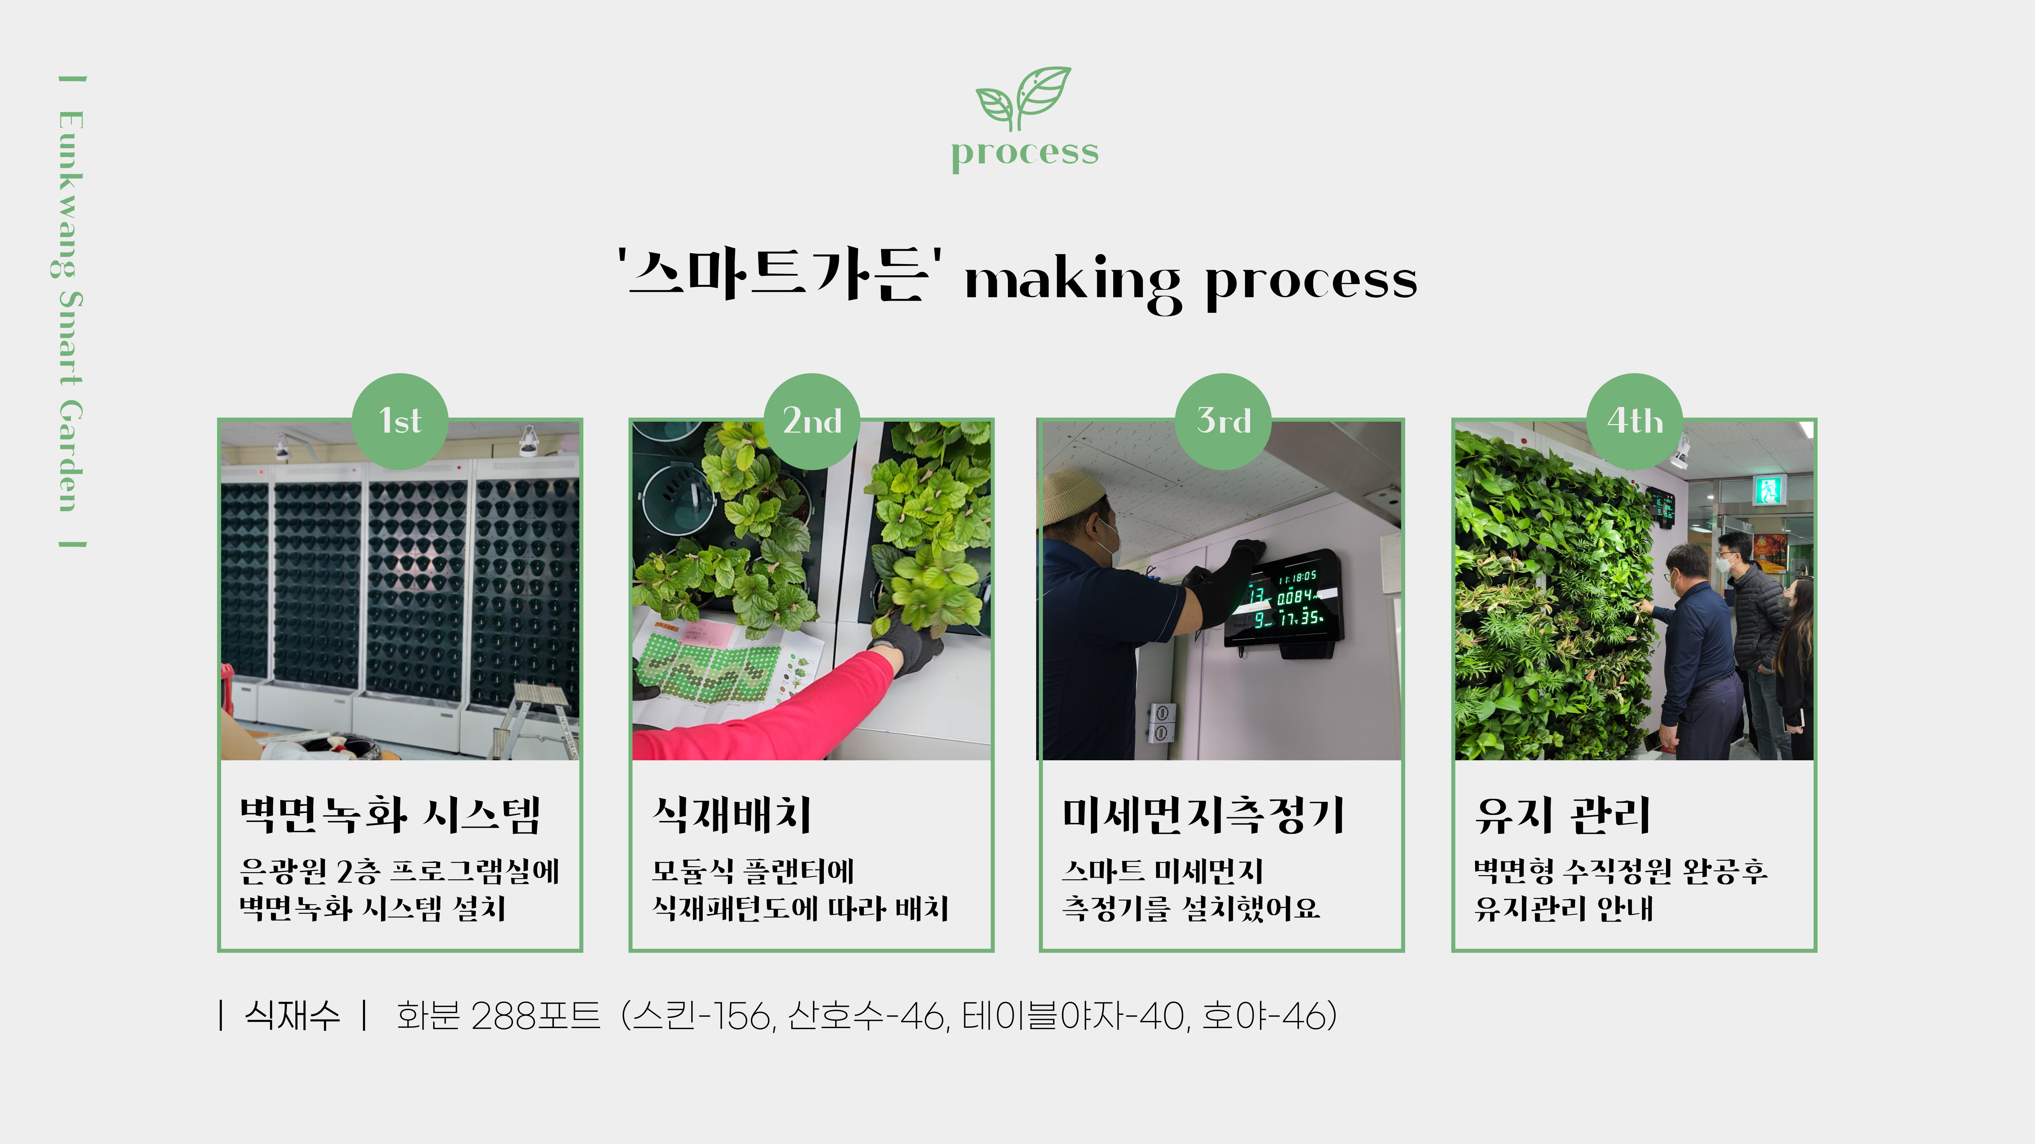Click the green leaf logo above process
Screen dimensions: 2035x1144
(1023, 98)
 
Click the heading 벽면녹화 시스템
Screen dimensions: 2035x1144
(390, 815)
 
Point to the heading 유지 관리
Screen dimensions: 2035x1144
(1563, 815)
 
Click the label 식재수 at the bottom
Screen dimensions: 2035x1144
(291, 1015)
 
